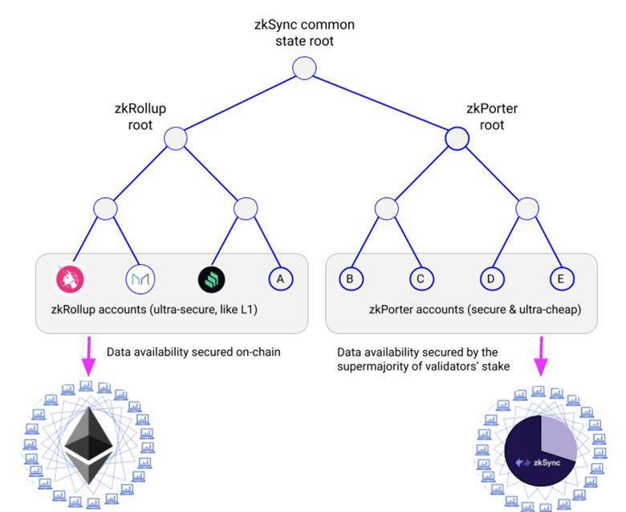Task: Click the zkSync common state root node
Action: [304, 68]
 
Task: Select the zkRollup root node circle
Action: [176, 139]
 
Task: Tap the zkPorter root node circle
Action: [457, 139]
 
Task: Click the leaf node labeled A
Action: [281, 278]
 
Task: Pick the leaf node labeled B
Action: [351, 278]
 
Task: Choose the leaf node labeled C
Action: [421, 278]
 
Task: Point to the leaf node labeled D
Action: [491, 278]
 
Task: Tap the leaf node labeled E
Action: [562, 278]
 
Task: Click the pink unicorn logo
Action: [71, 279]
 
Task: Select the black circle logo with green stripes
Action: [212, 279]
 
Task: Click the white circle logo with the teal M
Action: [140, 279]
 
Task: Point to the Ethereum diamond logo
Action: [88, 445]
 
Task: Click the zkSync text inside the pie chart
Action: [547, 463]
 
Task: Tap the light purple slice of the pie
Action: [558, 438]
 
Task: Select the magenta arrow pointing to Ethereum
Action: [88, 356]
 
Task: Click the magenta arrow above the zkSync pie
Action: [542, 356]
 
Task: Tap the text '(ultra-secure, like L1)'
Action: [204, 310]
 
